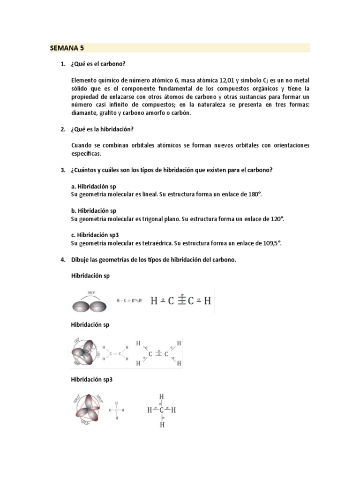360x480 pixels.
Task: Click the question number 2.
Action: [62, 129]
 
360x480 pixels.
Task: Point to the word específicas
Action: [86, 154]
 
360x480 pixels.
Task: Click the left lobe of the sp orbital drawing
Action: [82, 307]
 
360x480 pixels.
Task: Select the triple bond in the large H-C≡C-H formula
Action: [181, 300]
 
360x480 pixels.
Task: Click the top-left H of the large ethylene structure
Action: [138, 344]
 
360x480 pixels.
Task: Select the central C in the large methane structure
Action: [162, 411]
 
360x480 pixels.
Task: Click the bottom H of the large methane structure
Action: [162, 425]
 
